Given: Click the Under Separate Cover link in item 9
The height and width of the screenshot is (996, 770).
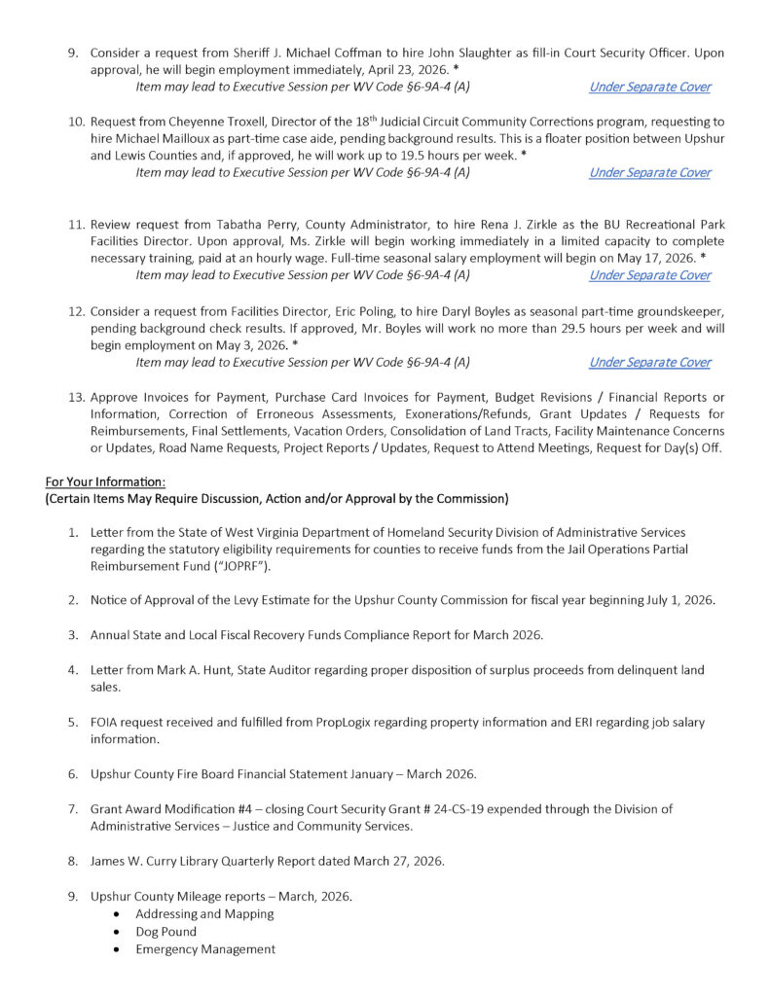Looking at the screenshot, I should pyautogui.click(x=649, y=87).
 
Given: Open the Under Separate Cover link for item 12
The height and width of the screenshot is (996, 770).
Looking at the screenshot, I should pyautogui.click(x=649, y=362).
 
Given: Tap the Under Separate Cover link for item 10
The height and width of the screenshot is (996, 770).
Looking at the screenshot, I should pyautogui.click(x=649, y=172).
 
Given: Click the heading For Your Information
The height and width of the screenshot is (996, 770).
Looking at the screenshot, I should pyautogui.click(x=105, y=481).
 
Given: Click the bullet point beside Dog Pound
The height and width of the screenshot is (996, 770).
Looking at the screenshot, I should pyautogui.click(x=118, y=932).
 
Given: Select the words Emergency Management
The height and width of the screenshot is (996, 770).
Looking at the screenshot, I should pyautogui.click(x=205, y=949).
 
